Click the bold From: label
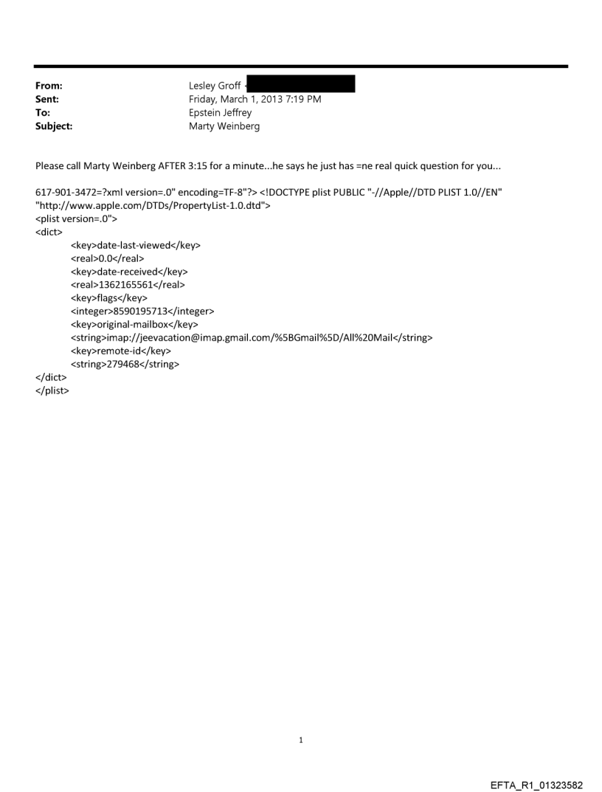coord(48,86)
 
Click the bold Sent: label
coord(47,100)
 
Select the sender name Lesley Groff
coord(215,86)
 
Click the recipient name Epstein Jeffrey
coord(220,113)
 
